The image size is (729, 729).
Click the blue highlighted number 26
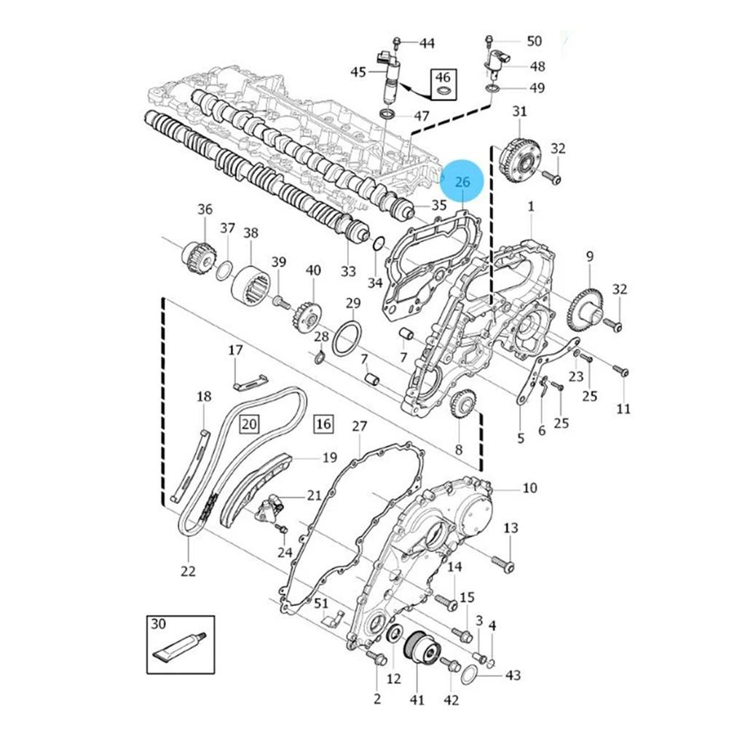462,182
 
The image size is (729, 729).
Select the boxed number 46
443,77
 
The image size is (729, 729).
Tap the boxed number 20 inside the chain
250,423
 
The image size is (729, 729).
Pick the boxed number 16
323,423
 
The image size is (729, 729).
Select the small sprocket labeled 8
462,404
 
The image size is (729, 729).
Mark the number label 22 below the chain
189,571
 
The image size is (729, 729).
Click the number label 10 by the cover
529,487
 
